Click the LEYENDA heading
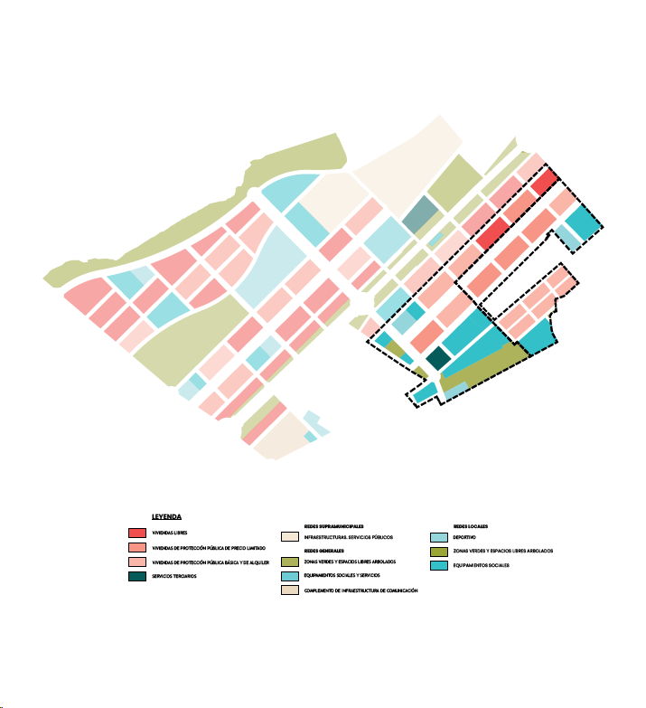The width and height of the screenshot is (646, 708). point(167,517)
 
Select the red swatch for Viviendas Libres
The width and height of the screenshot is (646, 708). point(137,533)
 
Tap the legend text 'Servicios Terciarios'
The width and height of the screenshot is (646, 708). point(173,577)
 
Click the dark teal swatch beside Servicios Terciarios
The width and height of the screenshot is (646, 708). point(137,576)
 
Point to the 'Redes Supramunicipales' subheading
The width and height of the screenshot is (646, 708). point(334,524)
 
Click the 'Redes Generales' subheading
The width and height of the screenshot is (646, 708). point(324,550)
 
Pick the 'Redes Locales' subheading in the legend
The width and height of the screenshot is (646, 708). point(471,524)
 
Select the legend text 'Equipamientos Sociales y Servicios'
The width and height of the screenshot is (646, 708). point(342,575)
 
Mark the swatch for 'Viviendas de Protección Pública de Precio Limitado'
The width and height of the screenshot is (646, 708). point(137,548)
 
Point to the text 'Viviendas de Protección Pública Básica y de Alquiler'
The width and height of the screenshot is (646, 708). point(210,562)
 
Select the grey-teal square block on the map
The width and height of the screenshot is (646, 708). point(420,214)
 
